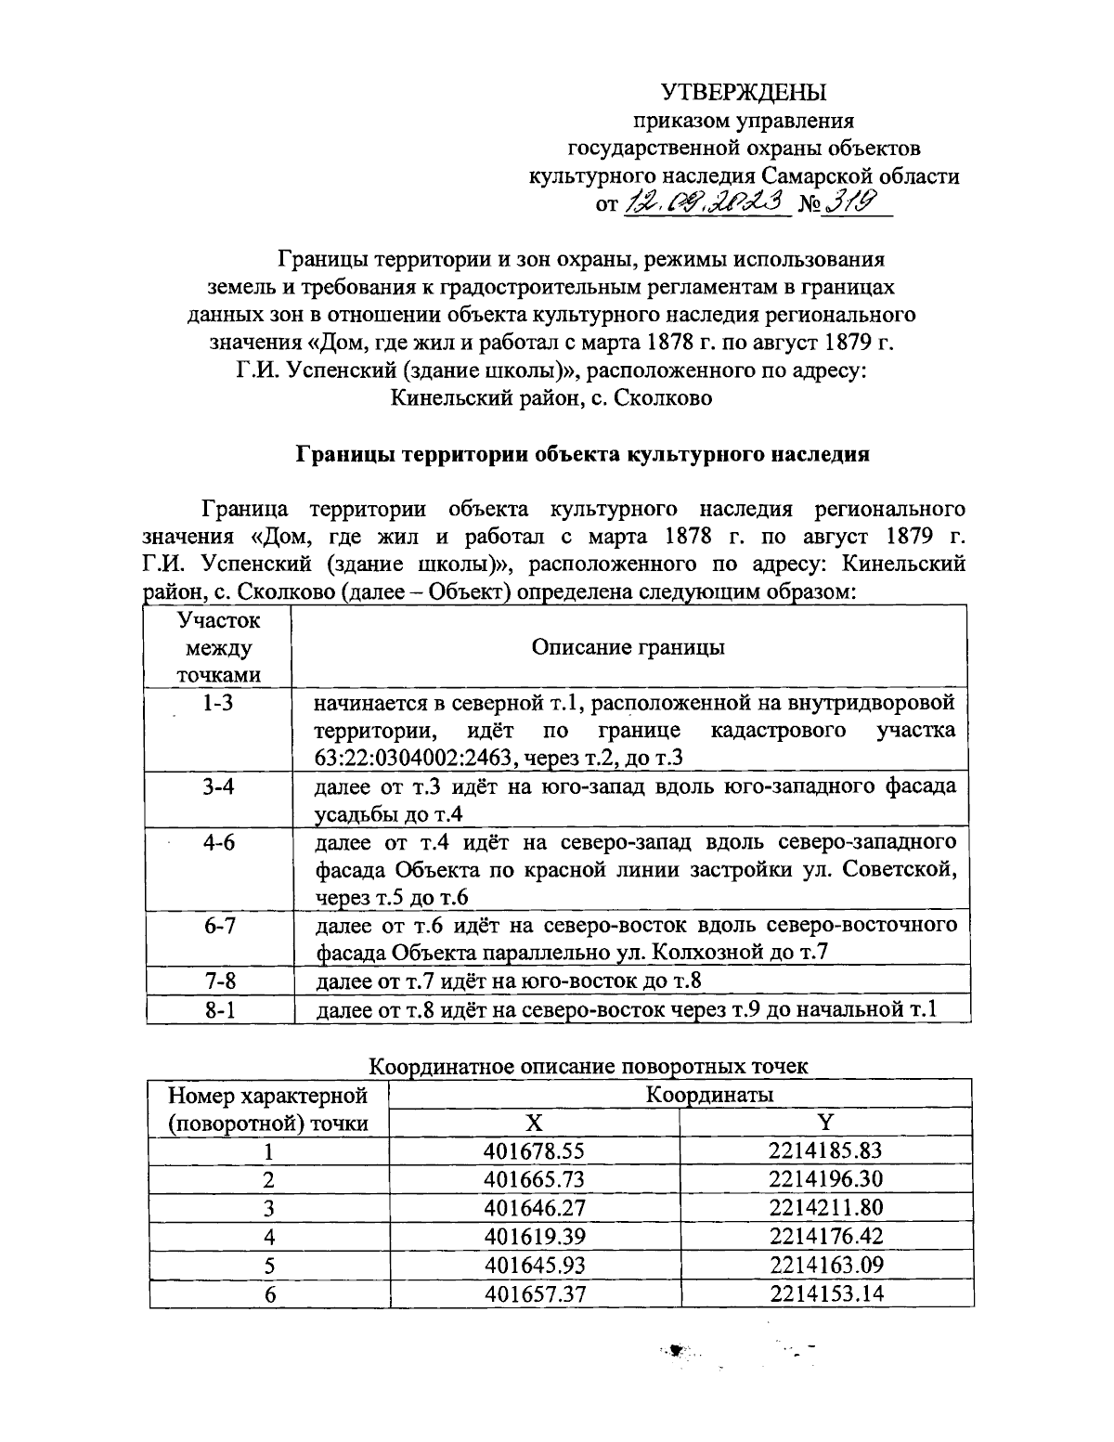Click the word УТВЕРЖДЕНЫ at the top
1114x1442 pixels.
[x=743, y=91]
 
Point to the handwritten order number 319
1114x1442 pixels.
[x=848, y=201]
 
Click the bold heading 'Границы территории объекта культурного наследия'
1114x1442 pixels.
[x=582, y=454]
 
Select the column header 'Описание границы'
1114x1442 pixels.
[x=628, y=647]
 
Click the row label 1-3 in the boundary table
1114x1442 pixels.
[x=218, y=703]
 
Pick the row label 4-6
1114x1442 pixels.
[x=218, y=842]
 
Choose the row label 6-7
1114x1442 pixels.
[x=218, y=926]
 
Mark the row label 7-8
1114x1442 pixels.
[x=218, y=981]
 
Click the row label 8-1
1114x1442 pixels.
[x=218, y=1009]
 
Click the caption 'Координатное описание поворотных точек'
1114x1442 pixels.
[x=589, y=1066]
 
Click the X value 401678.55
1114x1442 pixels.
[x=534, y=1151]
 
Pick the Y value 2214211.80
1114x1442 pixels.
[x=825, y=1208]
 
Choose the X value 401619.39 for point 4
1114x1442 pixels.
[x=534, y=1236]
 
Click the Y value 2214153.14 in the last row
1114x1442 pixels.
[x=825, y=1293]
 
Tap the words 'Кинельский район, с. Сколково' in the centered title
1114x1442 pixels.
[x=551, y=398]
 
